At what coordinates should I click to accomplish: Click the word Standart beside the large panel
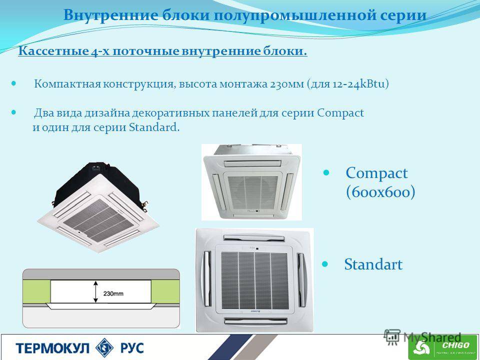(x=373, y=264)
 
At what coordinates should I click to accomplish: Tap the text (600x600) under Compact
(x=380, y=192)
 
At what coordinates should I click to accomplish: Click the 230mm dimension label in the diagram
(x=113, y=293)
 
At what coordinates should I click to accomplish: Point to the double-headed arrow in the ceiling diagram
(x=96, y=292)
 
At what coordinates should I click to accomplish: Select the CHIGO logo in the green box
(x=443, y=347)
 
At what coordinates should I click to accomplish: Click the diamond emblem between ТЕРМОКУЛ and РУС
(x=104, y=348)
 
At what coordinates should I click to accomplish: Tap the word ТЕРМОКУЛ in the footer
(x=52, y=348)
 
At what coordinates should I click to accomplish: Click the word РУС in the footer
(x=132, y=348)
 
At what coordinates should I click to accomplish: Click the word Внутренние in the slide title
(x=111, y=15)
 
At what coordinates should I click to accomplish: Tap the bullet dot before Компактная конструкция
(x=13, y=83)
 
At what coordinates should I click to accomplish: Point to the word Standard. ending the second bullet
(x=154, y=126)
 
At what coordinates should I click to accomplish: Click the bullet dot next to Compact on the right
(x=326, y=172)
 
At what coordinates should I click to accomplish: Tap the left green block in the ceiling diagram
(x=36, y=291)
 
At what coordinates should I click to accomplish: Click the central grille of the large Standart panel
(x=254, y=280)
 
